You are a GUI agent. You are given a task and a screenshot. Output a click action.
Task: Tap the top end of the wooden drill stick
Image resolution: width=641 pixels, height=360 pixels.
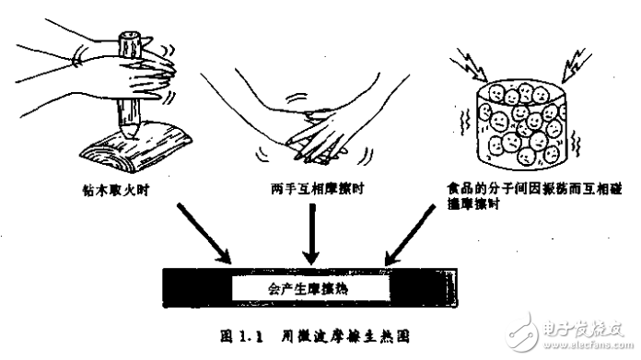128,40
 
